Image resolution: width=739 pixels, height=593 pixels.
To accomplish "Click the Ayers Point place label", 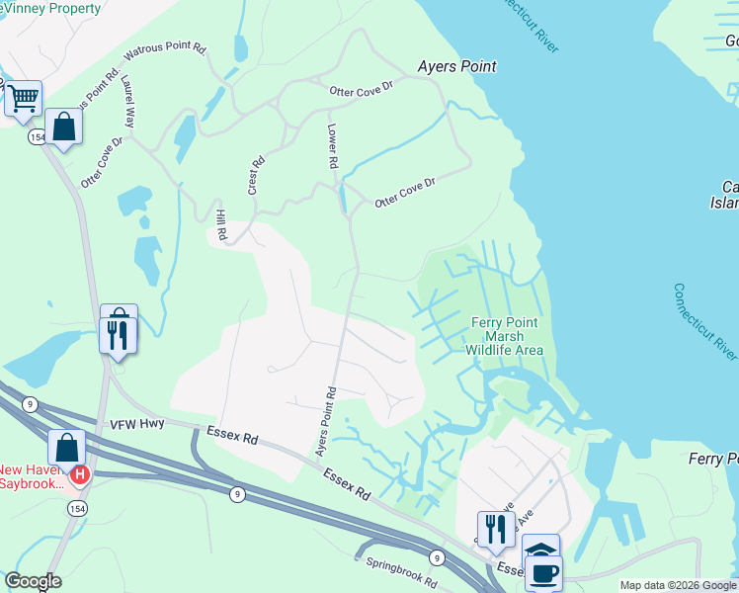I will click(x=456, y=66).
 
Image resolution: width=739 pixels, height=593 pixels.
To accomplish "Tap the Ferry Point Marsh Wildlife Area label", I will click(x=505, y=336).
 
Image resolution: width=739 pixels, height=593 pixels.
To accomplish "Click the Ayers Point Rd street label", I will click(x=326, y=421).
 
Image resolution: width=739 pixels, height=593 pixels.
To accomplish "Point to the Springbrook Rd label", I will click(x=401, y=573).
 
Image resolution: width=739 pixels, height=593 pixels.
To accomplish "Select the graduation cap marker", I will click(x=540, y=551).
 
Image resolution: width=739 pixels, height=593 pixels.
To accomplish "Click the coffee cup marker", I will click(x=542, y=571).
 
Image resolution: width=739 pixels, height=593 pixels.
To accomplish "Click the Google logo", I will click(x=33, y=581).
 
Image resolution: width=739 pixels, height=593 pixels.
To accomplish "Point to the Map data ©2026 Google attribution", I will click(x=678, y=585).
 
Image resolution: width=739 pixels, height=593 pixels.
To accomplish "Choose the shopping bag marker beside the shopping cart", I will click(x=63, y=127).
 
